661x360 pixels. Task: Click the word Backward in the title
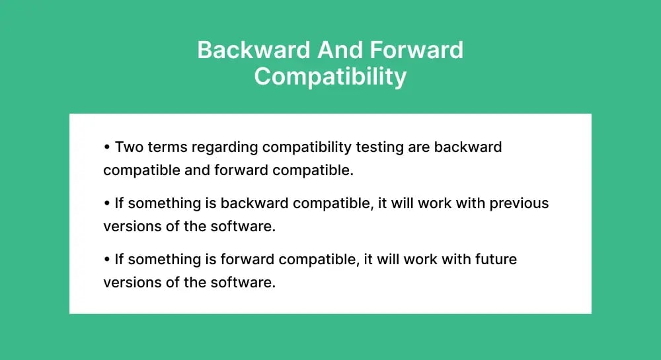point(254,50)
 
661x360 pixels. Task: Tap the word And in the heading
point(340,50)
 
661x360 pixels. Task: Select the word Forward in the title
point(416,50)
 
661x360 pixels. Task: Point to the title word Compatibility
point(330,77)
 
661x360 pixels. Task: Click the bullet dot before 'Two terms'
point(107,147)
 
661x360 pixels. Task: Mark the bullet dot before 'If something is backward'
point(107,203)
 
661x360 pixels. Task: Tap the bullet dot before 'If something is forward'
point(107,260)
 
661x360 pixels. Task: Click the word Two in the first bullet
point(129,147)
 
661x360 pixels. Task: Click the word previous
point(519,204)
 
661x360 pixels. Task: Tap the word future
point(496,260)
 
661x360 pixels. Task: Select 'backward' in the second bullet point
point(254,203)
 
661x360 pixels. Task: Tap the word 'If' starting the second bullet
point(119,203)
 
